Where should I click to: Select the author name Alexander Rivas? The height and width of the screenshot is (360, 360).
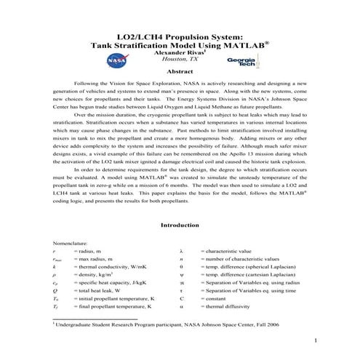[178, 52]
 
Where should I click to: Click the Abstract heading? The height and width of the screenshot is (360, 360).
[180, 73]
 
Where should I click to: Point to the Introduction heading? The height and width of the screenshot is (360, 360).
[180, 225]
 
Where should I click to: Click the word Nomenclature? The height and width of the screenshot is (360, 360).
[71, 241]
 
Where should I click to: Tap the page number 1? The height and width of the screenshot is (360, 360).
[316, 340]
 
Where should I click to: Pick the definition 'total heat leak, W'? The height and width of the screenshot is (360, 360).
[98, 288]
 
